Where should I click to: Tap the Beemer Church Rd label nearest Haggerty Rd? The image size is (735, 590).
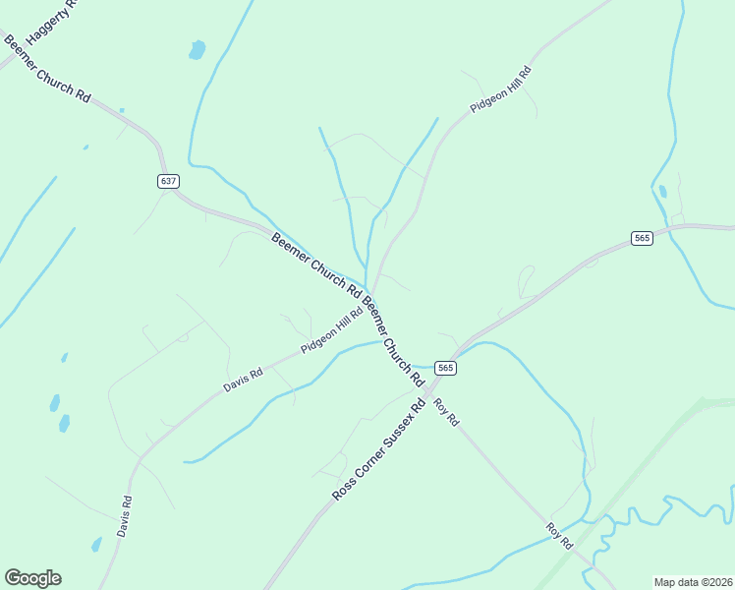click(x=47, y=70)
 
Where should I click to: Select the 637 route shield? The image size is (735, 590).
click(x=168, y=181)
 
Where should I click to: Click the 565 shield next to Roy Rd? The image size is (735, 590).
click(x=446, y=368)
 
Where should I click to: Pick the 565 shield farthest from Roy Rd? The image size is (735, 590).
click(x=643, y=239)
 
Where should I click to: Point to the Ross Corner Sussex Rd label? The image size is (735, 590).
click(x=377, y=449)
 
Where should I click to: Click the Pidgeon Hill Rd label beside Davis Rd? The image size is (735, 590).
click(x=332, y=333)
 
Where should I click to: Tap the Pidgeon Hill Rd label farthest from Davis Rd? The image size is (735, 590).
click(x=500, y=89)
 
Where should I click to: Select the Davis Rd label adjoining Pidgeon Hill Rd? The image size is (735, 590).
click(x=243, y=380)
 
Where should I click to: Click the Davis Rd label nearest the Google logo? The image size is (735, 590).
click(x=125, y=514)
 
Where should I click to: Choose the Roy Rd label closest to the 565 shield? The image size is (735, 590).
click(x=446, y=411)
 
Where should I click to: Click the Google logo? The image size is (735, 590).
click(x=32, y=578)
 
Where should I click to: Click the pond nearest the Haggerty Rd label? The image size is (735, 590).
click(x=198, y=48)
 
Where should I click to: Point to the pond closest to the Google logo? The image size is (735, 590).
click(x=96, y=544)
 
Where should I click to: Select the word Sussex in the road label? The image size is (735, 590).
click(x=402, y=424)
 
